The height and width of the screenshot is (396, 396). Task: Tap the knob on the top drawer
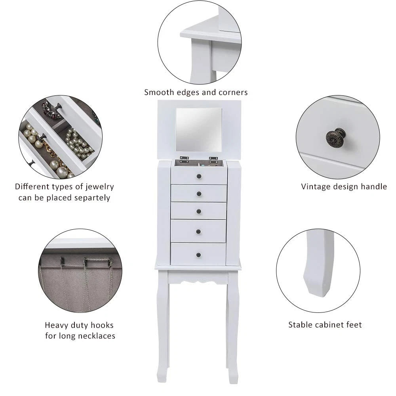coord(199,176)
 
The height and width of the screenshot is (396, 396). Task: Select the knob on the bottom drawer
coord(198,254)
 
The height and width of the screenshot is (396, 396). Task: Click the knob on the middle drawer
coord(199,211)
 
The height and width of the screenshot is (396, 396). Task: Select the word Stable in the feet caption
coord(300,325)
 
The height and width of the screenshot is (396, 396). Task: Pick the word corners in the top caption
coord(233,93)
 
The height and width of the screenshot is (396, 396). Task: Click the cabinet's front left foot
coord(162,378)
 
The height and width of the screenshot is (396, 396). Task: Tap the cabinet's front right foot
coord(234,378)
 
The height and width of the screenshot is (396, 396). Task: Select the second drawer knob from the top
coord(199,193)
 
